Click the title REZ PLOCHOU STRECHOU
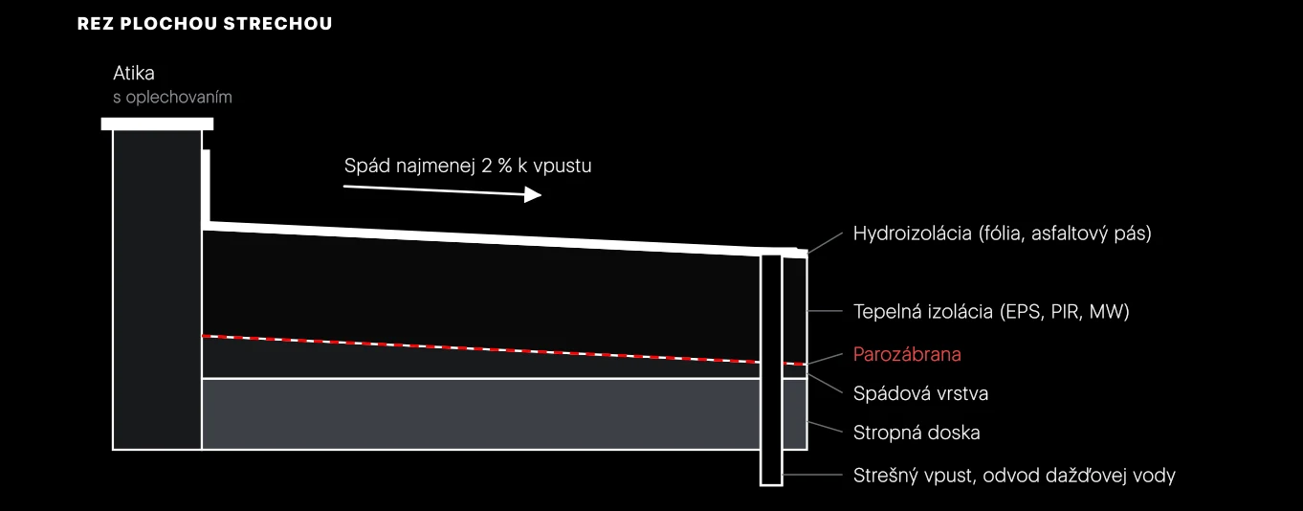[204, 24]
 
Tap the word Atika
[134, 74]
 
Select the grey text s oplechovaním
[172, 98]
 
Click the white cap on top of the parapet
[157, 124]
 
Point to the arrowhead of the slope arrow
[533, 194]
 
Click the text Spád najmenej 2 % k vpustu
[468, 166]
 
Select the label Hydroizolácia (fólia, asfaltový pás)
[1003, 233]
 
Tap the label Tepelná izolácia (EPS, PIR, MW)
[991, 311]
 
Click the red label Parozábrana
[907, 354]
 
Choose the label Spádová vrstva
[920, 393]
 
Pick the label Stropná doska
[917, 433]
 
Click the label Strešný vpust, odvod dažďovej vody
[1014, 476]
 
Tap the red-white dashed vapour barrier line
[504, 350]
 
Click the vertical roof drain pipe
[771, 369]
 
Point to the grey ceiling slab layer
[481, 413]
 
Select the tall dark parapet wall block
[157, 290]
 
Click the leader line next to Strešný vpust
[812, 475]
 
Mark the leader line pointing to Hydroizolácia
[826, 242]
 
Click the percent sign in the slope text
[505, 166]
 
